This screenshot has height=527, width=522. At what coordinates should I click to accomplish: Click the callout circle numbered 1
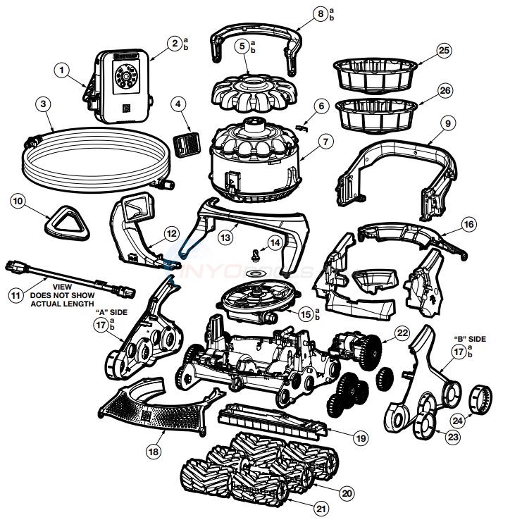[63, 70]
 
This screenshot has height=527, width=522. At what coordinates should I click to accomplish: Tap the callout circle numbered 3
[44, 103]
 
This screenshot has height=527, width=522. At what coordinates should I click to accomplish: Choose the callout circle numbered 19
[361, 438]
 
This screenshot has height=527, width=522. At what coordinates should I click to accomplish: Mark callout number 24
[458, 421]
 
